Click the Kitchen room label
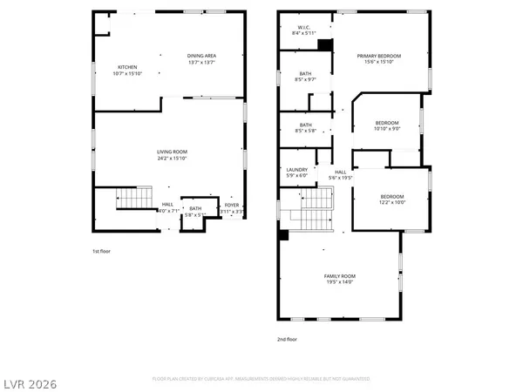pos(127,67)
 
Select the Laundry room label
pos(297,171)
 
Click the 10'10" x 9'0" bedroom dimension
pos(388,129)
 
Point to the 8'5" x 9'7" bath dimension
pos(305,79)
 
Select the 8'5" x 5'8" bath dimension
pos(305,131)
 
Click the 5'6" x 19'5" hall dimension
pos(340,177)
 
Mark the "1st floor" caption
pos(102,252)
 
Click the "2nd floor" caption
pos(287,339)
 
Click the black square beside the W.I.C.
pos(325,44)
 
